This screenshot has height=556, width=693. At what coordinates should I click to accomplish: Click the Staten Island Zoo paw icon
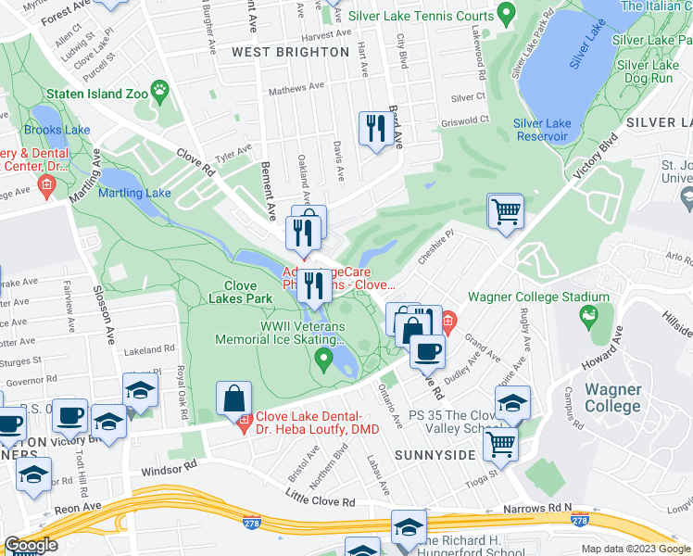tap(161, 91)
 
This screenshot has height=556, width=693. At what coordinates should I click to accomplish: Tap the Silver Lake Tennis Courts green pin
tap(505, 14)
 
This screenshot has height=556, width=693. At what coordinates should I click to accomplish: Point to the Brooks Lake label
tap(57, 130)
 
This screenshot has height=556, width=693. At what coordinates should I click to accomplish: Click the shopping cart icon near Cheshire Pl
tap(506, 210)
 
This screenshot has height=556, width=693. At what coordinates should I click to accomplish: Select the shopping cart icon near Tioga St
tap(500, 443)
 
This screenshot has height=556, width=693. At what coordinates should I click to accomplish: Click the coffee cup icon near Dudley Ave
tap(427, 351)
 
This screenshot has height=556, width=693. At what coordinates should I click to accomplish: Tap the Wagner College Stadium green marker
tap(587, 318)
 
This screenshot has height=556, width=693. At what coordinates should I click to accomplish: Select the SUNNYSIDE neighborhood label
tap(428, 456)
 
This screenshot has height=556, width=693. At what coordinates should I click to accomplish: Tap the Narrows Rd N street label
tap(537, 509)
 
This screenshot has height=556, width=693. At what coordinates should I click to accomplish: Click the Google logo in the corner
tap(31, 545)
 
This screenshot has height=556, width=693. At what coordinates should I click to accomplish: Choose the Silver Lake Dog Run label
tap(650, 73)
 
